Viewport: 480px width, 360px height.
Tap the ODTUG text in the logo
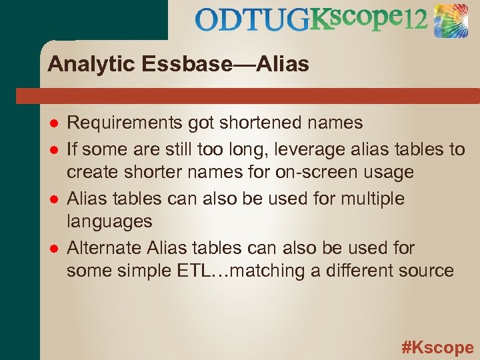click(x=252, y=21)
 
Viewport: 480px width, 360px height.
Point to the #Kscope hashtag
click(x=437, y=347)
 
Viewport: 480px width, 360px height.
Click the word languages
click(x=109, y=221)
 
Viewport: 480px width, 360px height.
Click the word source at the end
click(x=426, y=271)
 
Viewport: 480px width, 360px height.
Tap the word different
click(x=352, y=271)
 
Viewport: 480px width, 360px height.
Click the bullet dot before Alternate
click(x=54, y=249)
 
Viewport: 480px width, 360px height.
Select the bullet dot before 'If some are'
click(x=54, y=149)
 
